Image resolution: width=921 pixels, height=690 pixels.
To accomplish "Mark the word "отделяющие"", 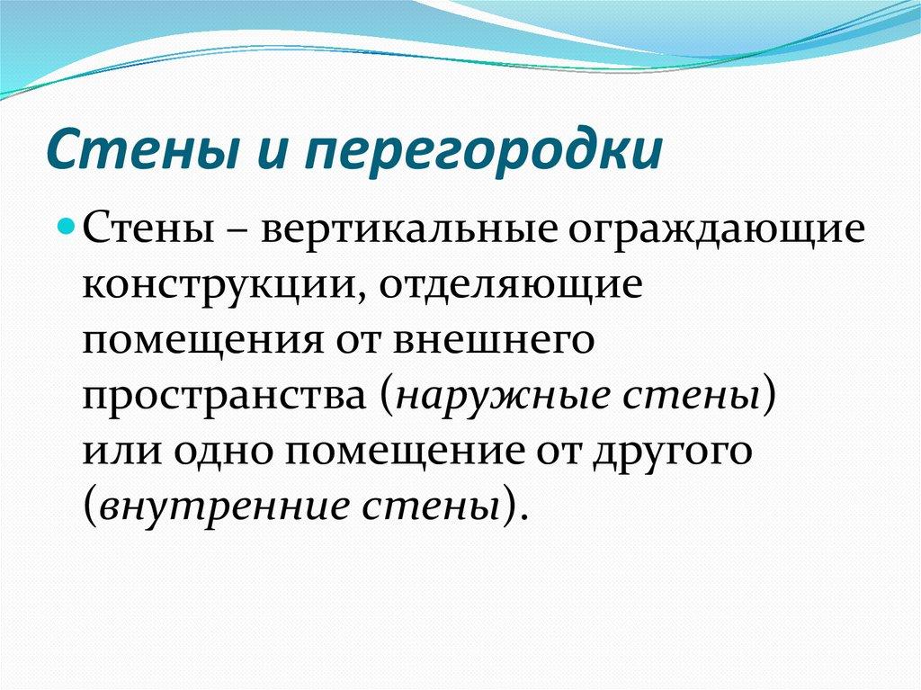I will pyautogui.click(x=508, y=287).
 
